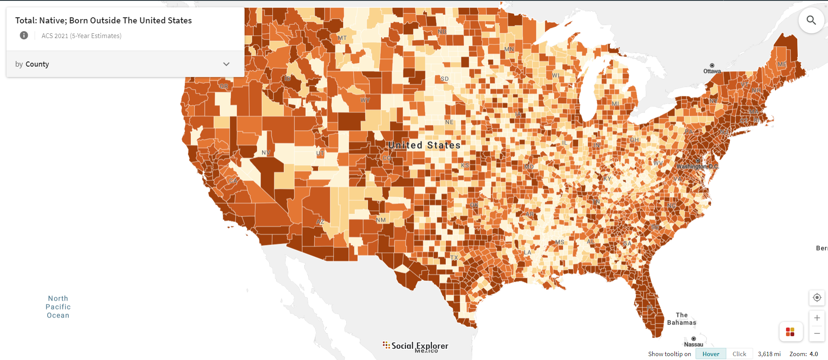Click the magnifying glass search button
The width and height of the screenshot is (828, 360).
click(811, 20)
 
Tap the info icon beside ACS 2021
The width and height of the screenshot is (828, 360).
click(24, 35)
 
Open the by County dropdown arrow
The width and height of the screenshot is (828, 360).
click(226, 64)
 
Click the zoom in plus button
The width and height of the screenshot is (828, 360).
click(817, 318)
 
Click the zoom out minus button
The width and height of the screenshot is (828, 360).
click(817, 333)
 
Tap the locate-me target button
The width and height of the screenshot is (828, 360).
click(817, 298)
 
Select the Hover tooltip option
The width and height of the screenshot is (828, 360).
click(711, 354)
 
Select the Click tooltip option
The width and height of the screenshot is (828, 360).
click(739, 354)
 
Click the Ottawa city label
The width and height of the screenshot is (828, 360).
click(712, 71)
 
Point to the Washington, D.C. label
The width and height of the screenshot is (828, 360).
click(697, 166)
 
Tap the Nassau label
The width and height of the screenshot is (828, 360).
click(693, 344)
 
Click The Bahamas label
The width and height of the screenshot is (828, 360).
click(682, 319)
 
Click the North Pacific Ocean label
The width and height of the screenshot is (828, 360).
click(58, 307)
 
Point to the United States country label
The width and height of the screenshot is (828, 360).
click(424, 145)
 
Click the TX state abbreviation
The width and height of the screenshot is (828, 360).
click(454, 257)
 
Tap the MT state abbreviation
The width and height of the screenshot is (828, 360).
click(342, 38)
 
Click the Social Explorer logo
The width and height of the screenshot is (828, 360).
click(416, 346)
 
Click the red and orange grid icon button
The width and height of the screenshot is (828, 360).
click(790, 332)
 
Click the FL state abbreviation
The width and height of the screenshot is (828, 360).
click(650, 308)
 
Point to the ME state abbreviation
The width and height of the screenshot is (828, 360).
click(782, 64)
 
